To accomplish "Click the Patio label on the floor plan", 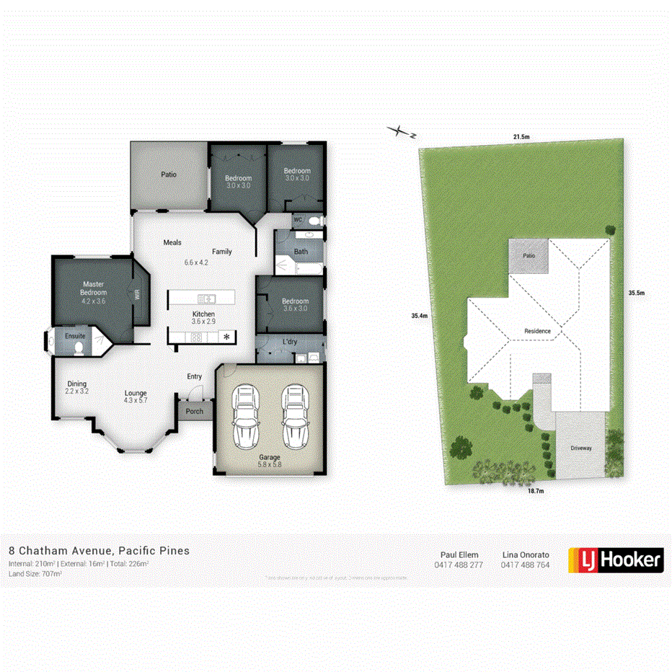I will tap(169, 174).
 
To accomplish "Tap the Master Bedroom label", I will tap(94, 288).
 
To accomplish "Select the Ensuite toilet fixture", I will tap(79, 348).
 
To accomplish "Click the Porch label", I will tap(195, 412).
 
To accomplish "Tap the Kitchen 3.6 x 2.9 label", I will tap(203, 319).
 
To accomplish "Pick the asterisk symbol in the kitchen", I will tap(228, 337).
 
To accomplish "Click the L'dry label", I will tap(290, 341).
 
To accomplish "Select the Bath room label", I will tap(301, 252).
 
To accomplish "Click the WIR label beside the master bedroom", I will tap(136, 294).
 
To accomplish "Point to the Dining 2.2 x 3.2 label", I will tap(77, 387).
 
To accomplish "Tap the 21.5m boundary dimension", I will tap(521, 137).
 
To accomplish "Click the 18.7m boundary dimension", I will tap(534, 491).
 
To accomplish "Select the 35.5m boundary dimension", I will tap(636, 293).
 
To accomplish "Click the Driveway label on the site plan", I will tap(581, 448).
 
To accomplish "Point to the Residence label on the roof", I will tap(537, 331).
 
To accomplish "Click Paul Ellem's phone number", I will tap(459, 565).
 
